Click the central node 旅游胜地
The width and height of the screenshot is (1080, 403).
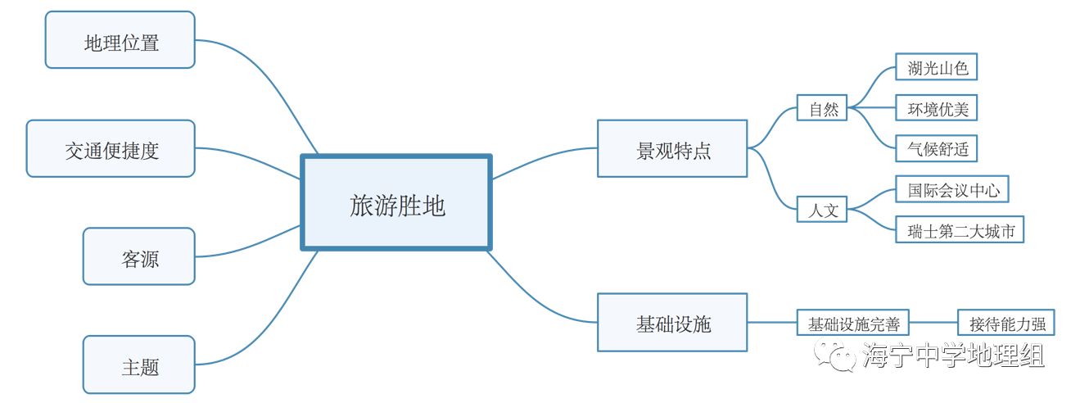(396, 201)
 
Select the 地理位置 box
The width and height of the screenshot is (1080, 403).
(120, 40)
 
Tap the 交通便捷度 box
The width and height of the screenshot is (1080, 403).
(111, 149)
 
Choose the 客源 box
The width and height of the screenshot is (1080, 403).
(139, 257)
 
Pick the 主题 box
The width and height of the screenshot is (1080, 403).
(139, 365)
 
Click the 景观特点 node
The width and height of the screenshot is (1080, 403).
(672, 149)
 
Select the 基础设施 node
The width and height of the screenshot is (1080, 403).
(672, 323)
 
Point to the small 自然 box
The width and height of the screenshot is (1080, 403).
(822, 108)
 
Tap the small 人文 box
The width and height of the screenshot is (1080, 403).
(822, 210)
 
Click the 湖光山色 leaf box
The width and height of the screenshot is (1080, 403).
(936, 68)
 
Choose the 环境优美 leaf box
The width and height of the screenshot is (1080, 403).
(936, 108)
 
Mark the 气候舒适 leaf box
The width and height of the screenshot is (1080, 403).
(936, 148)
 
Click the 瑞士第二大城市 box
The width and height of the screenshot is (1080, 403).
(960, 230)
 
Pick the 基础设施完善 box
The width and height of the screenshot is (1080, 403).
(853, 323)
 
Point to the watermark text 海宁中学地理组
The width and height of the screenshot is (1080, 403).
(953, 356)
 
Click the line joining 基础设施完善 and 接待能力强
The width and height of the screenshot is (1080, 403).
(933, 323)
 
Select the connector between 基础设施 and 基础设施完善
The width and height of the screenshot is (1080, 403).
(771, 323)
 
